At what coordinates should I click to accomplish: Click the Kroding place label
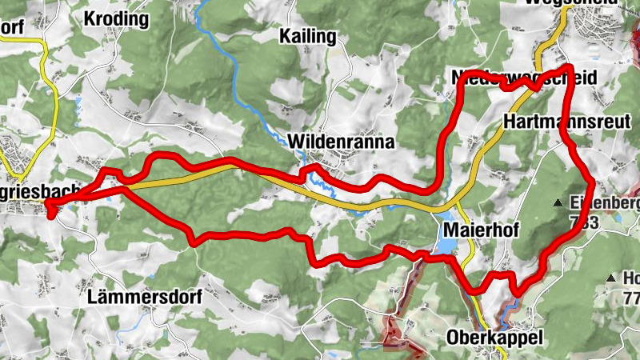point(117,18)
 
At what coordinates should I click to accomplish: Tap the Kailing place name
point(309,36)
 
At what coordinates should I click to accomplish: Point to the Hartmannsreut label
point(568,122)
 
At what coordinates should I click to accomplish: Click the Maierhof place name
point(479,230)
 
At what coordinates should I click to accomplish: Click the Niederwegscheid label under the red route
point(524,76)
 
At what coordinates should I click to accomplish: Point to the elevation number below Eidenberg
point(585,222)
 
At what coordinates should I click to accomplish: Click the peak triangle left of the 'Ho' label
point(611,278)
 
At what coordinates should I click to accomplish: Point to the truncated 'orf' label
point(12,26)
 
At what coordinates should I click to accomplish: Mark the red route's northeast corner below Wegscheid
point(568,68)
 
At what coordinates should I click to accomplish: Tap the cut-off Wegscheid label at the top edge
point(560,3)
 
